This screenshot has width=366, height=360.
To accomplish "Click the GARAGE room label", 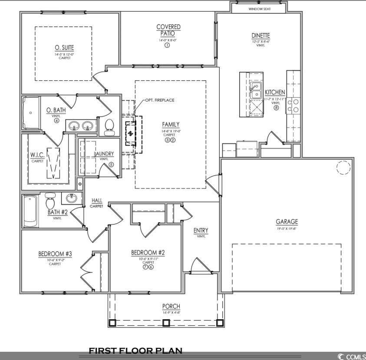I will pyautogui.click(x=287, y=221).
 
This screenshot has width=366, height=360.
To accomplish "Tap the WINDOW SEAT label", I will pyautogui.click(x=260, y=9).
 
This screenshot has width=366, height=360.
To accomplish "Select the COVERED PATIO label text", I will pyautogui.click(x=168, y=30).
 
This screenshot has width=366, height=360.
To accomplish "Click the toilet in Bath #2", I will pyautogui.click(x=50, y=201).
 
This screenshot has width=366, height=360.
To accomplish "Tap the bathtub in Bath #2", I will pyautogui.click(x=30, y=211).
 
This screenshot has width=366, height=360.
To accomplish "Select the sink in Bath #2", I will pyautogui.click(x=72, y=198).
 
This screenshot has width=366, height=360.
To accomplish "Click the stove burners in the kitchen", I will pyautogui.click(x=293, y=105).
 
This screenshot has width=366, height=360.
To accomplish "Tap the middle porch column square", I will pyautogui.click(x=166, y=323).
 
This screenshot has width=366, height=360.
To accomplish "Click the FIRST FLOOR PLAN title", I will pyautogui.click(x=135, y=350).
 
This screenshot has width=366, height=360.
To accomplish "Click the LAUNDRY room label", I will pyautogui.click(x=104, y=154).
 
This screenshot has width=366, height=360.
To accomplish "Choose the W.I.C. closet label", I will pyautogui.click(x=37, y=155).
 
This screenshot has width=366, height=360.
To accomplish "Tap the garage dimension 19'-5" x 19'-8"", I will pyautogui.click(x=287, y=228).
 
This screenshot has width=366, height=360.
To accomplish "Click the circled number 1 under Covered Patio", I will pyautogui.click(x=167, y=46).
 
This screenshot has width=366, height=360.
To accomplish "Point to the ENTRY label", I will pyautogui.click(x=201, y=230).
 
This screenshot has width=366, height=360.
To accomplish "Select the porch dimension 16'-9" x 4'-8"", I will pyautogui.click(x=171, y=312).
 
